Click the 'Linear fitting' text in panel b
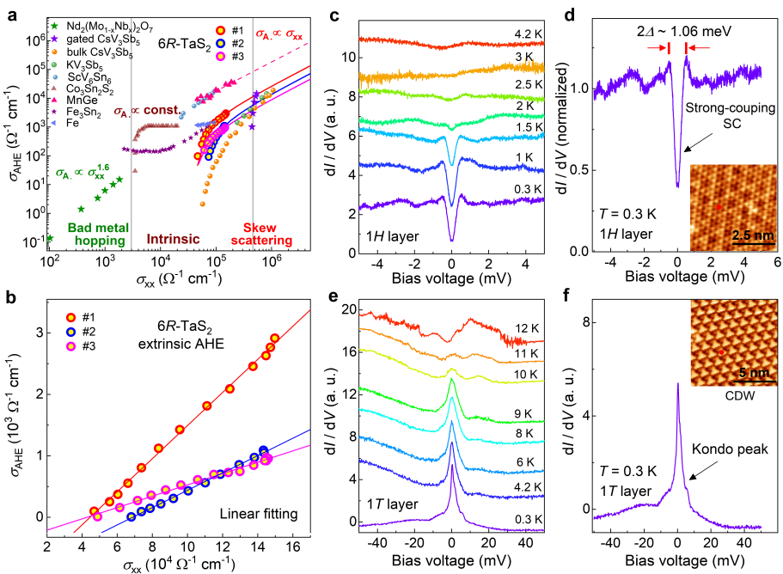click(x=257, y=515)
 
